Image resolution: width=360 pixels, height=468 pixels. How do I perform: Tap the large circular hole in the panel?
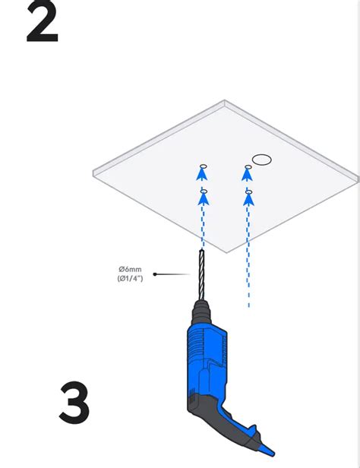pyautogui.click(x=261, y=160)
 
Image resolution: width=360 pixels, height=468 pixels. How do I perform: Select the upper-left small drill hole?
pyautogui.click(x=203, y=166)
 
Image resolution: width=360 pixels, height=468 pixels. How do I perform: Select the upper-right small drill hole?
pyautogui.click(x=247, y=166)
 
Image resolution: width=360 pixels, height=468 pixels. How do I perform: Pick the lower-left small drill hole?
pyautogui.click(x=203, y=190)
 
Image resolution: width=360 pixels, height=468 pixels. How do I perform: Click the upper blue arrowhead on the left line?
pyautogui.click(x=203, y=176)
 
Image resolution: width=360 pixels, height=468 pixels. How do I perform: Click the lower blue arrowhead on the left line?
pyautogui.click(x=203, y=200)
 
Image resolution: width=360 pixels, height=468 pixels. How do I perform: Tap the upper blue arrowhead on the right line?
pyautogui.click(x=248, y=176)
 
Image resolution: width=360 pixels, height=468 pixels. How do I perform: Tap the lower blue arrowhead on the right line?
pyautogui.click(x=248, y=200)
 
